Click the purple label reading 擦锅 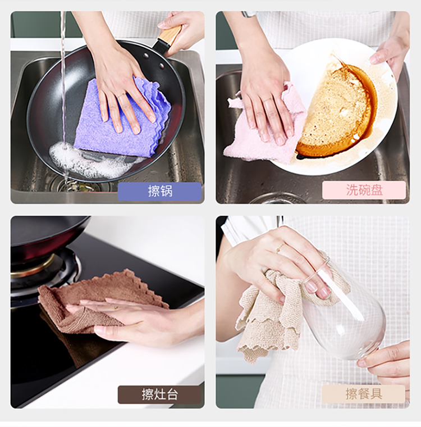tap(159, 191)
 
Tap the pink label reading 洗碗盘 tap(364, 190)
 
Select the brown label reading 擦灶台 tap(159, 394)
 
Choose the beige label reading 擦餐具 tap(363, 393)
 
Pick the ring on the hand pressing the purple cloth tap(121, 96)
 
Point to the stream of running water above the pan tap(63, 81)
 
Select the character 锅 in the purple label tap(166, 191)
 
